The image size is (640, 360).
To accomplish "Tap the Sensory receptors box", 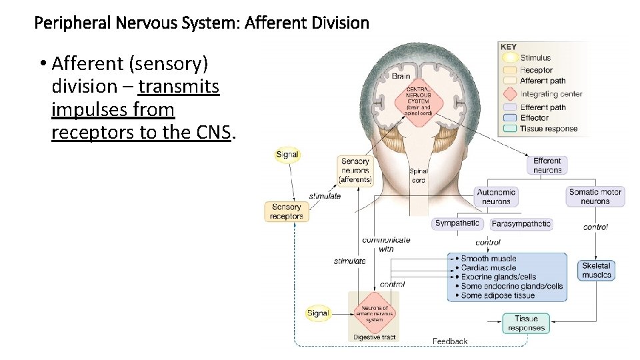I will click(x=287, y=211).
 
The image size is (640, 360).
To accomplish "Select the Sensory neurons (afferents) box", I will click(x=355, y=171).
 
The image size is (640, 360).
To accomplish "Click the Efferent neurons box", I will click(x=547, y=165).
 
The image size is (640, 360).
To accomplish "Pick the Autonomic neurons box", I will click(x=496, y=197).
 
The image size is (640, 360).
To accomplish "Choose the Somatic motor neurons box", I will click(x=595, y=197).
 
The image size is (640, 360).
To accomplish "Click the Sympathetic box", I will click(x=457, y=224).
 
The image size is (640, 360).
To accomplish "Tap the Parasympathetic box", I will click(x=521, y=224).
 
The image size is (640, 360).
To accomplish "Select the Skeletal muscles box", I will click(x=596, y=270).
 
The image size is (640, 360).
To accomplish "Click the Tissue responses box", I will click(x=526, y=323).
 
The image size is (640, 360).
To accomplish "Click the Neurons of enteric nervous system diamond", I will click(x=374, y=312).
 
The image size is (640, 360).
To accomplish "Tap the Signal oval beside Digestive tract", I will click(x=318, y=313).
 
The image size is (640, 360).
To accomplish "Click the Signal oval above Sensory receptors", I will click(x=287, y=155).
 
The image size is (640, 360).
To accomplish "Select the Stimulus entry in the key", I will click(x=535, y=58).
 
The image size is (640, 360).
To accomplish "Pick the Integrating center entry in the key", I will click(x=551, y=94).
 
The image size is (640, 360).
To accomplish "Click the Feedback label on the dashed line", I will click(x=450, y=341).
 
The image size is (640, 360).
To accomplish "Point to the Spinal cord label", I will click(x=418, y=176).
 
